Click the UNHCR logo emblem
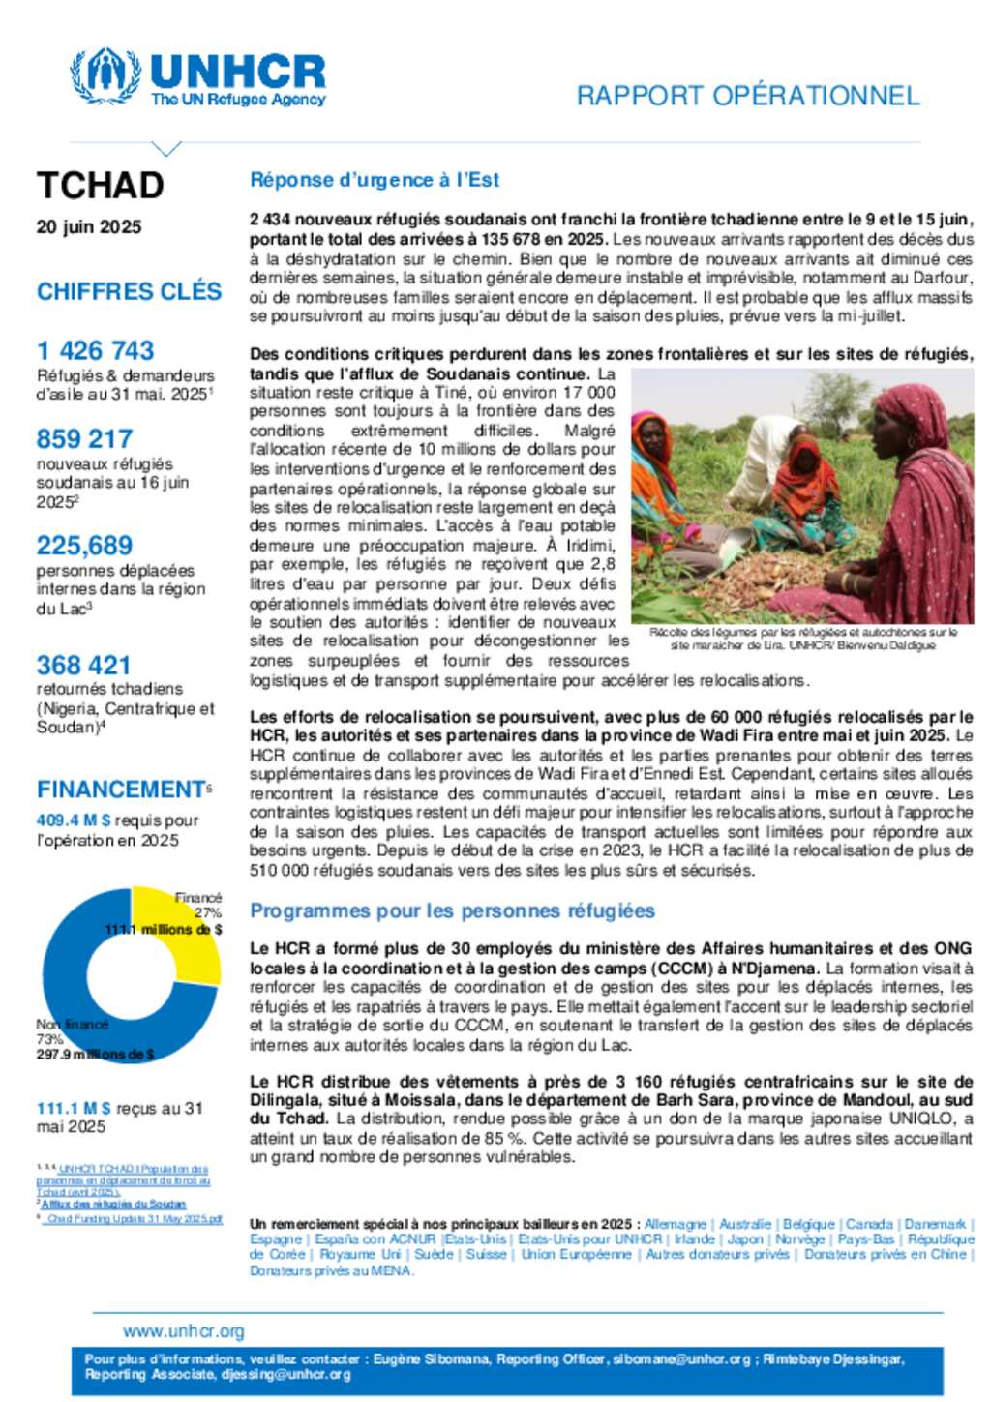click(105, 75)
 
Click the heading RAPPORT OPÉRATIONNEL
click(747, 96)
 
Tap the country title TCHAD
click(100, 185)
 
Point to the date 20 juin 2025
click(89, 227)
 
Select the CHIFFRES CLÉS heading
click(129, 291)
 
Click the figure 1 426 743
click(96, 350)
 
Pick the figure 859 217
click(84, 438)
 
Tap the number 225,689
click(84, 546)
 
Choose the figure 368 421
click(83, 666)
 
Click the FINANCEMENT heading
click(121, 790)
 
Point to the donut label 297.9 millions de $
click(95, 1055)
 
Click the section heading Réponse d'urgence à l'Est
click(375, 180)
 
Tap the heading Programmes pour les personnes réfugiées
click(452, 911)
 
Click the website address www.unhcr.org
click(184, 1331)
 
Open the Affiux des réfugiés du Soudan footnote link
click(114, 1204)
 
